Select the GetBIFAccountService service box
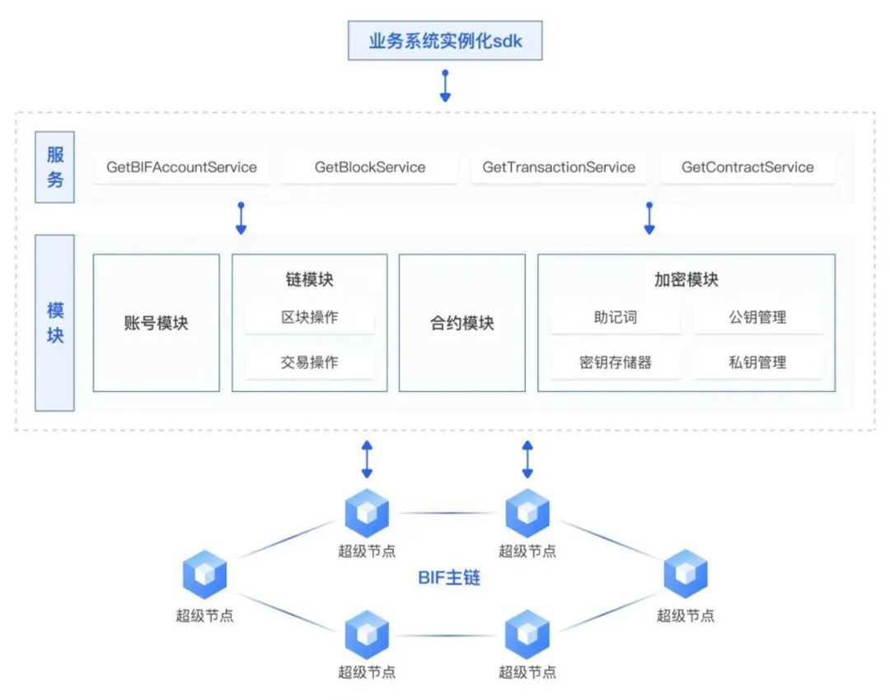(x=181, y=167)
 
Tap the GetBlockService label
(x=370, y=167)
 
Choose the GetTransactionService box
(x=559, y=167)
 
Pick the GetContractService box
(x=747, y=167)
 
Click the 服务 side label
(x=55, y=167)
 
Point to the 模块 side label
(x=55, y=323)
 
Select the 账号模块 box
(x=157, y=323)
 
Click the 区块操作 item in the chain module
(x=310, y=317)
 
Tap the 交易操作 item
(x=310, y=362)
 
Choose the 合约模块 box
(x=461, y=323)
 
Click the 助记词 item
(x=616, y=317)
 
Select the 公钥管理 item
(x=757, y=317)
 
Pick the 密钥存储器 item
(x=616, y=362)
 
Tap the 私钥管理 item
(x=757, y=362)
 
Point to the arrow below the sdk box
(x=445, y=86)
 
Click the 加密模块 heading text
(x=686, y=279)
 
